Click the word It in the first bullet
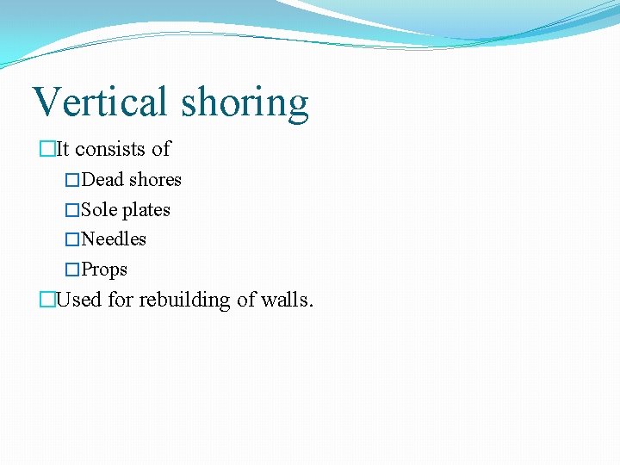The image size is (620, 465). pyautogui.click(x=63, y=149)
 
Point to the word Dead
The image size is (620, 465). pyautogui.click(x=102, y=180)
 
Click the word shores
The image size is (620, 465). pyautogui.click(x=155, y=180)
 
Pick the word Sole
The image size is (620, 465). pyautogui.click(x=99, y=210)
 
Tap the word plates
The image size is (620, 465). pyautogui.click(x=146, y=211)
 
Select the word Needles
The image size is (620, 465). pyautogui.click(x=114, y=239)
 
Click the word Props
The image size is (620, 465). pyautogui.click(x=104, y=270)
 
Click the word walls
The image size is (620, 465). pyautogui.click(x=288, y=301)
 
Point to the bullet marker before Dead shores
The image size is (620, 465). pyautogui.click(x=72, y=181)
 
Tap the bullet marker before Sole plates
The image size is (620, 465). pyautogui.click(x=72, y=211)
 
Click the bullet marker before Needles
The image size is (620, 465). pyautogui.click(x=72, y=240)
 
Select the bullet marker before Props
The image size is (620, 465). pyautogui.click(x=72, y=270)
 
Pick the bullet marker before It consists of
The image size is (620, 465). pyautogui.click(x=47, y=150)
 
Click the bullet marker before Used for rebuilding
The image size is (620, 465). pyautogui.click(x=47, y=301)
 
